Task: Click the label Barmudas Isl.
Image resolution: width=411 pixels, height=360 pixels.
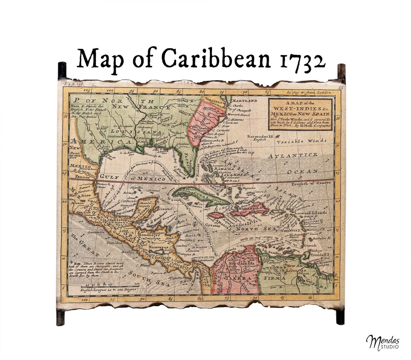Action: [261, 136]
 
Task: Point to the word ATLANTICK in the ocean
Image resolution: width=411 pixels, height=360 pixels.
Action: [292, 156]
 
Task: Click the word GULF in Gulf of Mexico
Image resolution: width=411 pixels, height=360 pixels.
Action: [108, 176]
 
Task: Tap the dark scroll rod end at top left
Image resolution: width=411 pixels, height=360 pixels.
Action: [62, 70]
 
